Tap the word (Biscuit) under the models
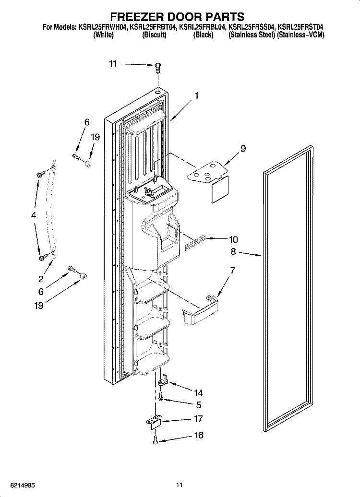(154, 35)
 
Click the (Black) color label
(203, 35)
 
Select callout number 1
(197, 95)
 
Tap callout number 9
(243, 149)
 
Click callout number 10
(233, 239)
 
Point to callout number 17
(198, 418)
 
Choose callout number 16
(198, 435)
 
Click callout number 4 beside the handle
(34, 216)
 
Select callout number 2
(41, 278)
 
